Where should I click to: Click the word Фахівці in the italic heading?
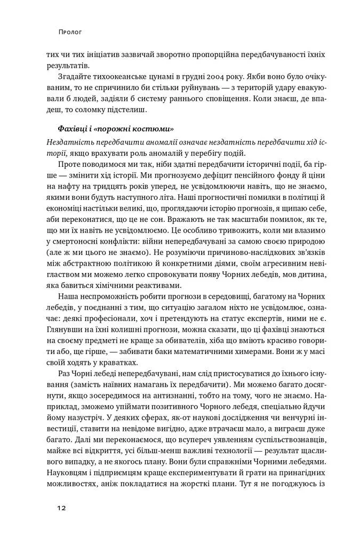tap(74, 130)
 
